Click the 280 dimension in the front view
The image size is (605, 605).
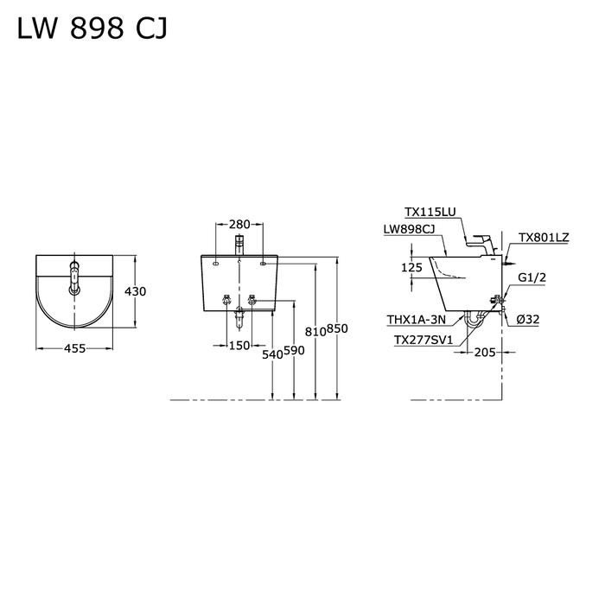240,225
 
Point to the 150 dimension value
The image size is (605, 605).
239,345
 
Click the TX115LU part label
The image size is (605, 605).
430,212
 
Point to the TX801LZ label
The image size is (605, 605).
543,238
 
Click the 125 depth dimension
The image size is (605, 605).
411,268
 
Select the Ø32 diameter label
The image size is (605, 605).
529,319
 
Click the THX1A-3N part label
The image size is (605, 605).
417,319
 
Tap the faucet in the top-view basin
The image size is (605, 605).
74,277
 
